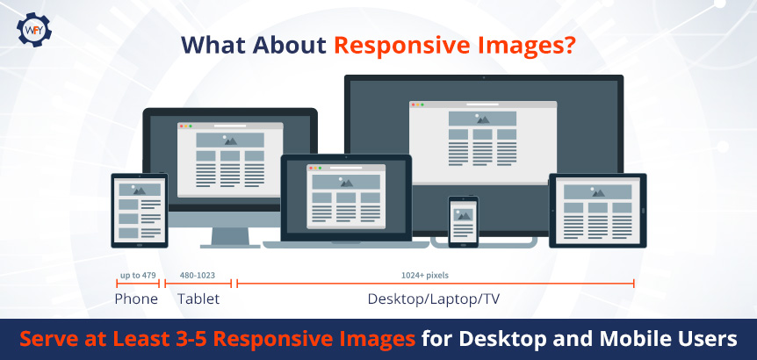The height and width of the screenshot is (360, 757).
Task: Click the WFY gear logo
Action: click(x=33, y=30)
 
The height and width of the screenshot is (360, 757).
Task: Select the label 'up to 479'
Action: click(x=138, y=276)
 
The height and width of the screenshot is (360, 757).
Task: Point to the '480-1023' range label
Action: click(x=198, y=276)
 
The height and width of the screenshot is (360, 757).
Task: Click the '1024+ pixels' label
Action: click(x=425, y=276)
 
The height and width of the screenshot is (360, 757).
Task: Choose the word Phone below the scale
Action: click(x=136, y=299)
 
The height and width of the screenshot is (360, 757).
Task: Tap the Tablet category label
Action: click(x=198, y=299)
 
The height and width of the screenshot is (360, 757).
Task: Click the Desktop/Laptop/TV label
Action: click(x=434, y=299)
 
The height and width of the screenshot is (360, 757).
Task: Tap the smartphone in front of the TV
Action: click(x=464, y=221)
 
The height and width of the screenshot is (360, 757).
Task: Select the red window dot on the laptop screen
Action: click(x=310, y=168)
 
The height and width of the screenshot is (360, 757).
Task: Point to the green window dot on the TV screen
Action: click(x=422, y=104)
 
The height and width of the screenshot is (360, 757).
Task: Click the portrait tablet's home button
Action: click(x=140, y=244)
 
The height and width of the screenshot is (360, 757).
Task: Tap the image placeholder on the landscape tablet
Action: click(x=598, y=192)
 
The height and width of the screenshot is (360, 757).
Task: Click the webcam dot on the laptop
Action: click(x=346, y=157)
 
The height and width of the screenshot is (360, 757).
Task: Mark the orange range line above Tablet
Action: click(x=198, y=284)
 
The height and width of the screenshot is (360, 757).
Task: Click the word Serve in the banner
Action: click(x=47, y=339)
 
